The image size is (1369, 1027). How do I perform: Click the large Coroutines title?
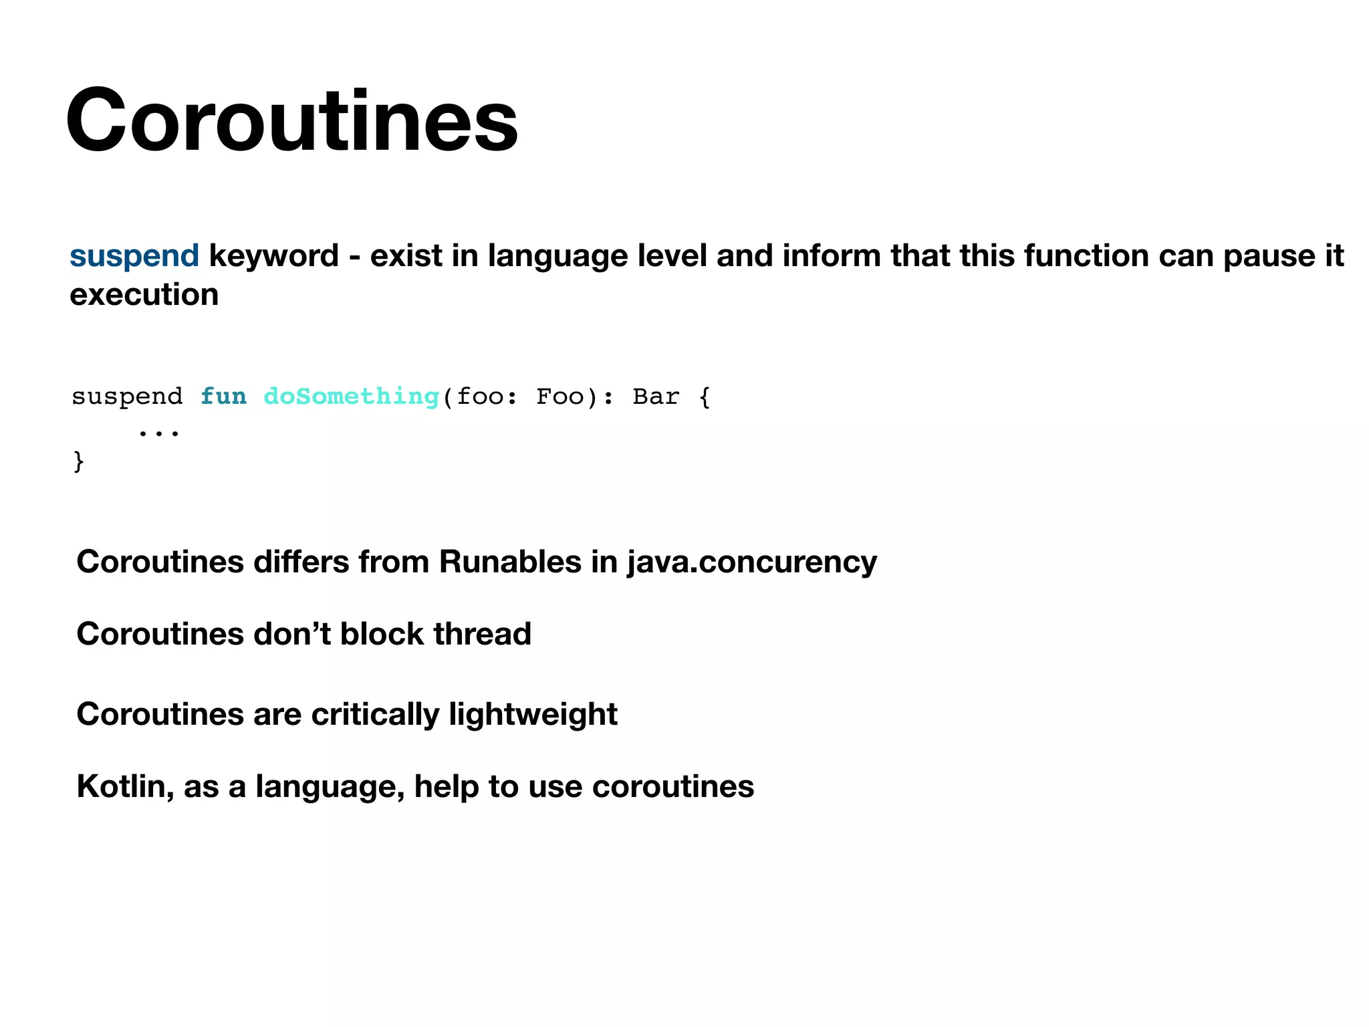click(291, 122)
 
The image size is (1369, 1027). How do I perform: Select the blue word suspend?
click(134, 256)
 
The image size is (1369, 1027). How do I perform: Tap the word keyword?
click(274, 256)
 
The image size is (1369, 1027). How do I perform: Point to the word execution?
click(144, 295)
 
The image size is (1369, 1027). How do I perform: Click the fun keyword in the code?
click(223, 396)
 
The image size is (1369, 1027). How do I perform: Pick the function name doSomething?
click(351, 396)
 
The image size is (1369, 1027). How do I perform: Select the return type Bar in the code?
click(656, 396)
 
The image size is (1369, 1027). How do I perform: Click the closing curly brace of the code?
click(78, 461)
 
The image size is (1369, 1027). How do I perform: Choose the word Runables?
click(509, 562)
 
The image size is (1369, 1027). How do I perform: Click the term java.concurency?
click(751, 562)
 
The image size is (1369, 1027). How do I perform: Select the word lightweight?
click(533, 715)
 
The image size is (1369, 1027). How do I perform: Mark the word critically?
click(375, 715)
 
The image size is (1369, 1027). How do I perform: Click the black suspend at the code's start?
click(127, 397)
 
